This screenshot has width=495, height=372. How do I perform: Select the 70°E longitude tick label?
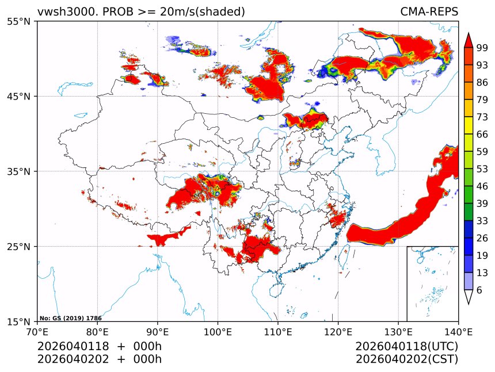(x=37, y=331)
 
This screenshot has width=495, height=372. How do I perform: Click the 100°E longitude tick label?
(x=218, y=331)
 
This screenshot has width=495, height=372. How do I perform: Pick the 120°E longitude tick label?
(x=338, y=331)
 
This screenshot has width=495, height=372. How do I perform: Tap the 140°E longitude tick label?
(x=458, y=331)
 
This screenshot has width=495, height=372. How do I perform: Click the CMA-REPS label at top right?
(x=429, y=11)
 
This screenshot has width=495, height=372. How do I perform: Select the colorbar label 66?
(x=482, y=134)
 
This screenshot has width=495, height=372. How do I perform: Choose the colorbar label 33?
(x=482, y=221)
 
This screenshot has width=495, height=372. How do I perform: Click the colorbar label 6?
(x=479, y=290)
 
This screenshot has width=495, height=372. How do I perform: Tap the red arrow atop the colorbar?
(x=469, y=40)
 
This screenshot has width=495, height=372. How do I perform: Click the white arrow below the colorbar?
(x=469, y=297)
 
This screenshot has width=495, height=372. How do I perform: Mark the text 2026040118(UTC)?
(x=406, y=347)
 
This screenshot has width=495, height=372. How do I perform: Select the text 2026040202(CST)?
(x=406, y=359)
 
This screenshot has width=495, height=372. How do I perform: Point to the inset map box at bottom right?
(x=432, y=283)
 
